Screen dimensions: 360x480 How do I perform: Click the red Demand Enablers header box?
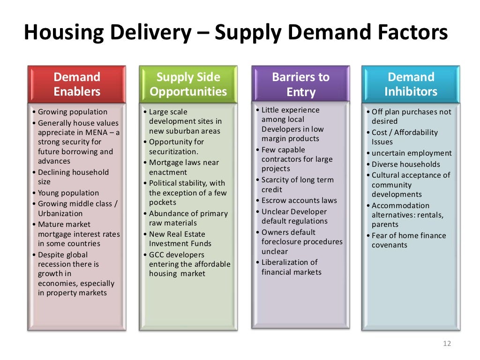[77, 84]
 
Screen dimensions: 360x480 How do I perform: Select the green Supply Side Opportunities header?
[188, 84]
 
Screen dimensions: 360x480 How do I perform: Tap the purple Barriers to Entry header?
[300, 84]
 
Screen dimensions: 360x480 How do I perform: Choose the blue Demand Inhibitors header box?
[411, 84]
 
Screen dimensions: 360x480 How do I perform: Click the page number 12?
[446, 344]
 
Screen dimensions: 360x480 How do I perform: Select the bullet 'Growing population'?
[73, 112]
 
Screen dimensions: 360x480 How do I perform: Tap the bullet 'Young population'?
[68, 193]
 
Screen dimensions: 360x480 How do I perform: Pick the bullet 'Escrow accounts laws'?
[299, 201]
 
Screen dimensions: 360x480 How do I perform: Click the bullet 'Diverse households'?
[406, 164]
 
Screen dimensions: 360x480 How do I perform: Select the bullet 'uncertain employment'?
[412, 153]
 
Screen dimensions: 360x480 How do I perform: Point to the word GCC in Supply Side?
[157, 255]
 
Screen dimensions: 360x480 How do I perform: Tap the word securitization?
[173, 152]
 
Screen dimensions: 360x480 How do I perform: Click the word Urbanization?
[60, 213]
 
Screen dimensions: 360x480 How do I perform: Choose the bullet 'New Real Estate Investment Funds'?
[180, 239]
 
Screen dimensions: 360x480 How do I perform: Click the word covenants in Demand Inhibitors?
[390, 245]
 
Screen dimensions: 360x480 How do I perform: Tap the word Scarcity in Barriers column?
[276, 180]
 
